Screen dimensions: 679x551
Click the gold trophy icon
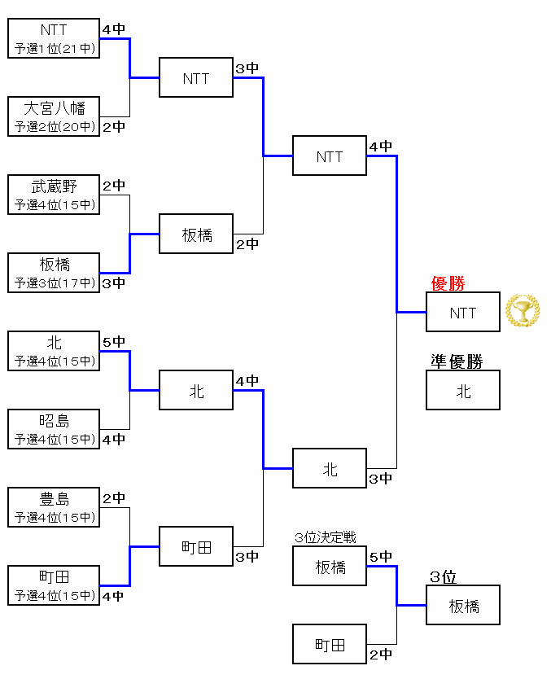[x=522, y=311]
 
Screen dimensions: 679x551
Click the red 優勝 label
[x=448, y=283]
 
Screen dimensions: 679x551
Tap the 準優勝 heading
[x=456, y=361]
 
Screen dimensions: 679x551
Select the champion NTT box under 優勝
[x=462, y=313]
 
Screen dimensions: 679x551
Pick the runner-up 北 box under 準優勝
[x=462, y=391]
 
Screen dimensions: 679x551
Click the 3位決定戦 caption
[x=325, y=537]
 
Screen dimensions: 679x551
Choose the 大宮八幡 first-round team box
[x=54, y=116]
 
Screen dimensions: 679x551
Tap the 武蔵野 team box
[x=54, y=195]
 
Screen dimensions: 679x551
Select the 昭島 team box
[x=54, y=429]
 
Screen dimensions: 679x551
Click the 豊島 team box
[x=54, y=507]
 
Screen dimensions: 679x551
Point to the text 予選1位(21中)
[x=54, y=49]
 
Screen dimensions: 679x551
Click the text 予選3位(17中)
[x=54, y=283]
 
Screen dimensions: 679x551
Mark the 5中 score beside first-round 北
[x=114, y=342]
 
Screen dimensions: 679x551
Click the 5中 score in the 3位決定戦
[x=380, y=557]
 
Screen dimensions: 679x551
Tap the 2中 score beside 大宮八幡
[x=114, y=127]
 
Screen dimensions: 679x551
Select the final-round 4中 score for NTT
[x=380, y=147]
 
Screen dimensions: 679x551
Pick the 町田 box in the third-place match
[x=330, y=644]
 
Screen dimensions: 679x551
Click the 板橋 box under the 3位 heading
[x=462, y=606]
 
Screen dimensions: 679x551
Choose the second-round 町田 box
[x=196, y=547]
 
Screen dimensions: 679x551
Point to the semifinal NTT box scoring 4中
[x=330, y=156]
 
